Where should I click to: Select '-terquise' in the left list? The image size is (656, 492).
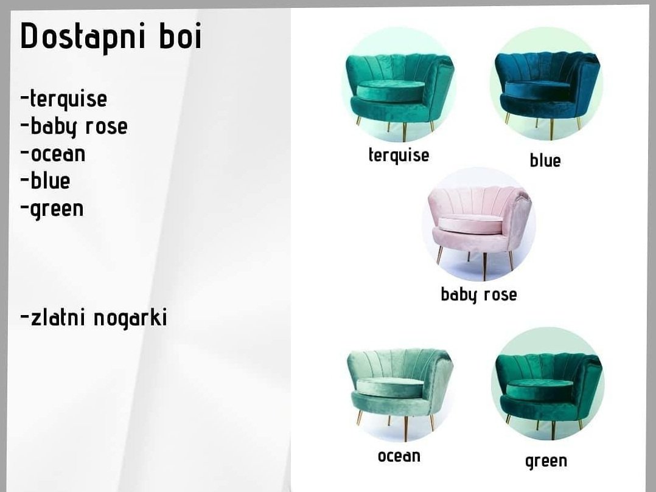coord(63,100)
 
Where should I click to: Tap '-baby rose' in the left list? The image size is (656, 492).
coord(74,127)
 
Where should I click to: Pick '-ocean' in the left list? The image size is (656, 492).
coord(53,154)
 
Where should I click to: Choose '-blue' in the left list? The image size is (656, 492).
coord(45,181)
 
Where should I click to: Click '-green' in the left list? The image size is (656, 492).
coord(52,209)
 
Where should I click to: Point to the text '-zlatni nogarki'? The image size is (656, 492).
coord(94,318)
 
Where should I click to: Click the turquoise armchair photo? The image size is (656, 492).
coord(400,94)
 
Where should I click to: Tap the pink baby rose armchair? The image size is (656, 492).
coord(479,229)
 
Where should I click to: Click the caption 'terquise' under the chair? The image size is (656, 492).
coord(399,156)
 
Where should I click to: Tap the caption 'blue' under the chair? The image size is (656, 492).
coord(545,160)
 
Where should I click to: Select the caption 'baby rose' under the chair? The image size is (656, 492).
coord(479,295)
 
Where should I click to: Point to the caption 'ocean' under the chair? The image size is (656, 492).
coord(399,456)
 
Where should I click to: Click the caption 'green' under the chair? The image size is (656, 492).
coord(546,461)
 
